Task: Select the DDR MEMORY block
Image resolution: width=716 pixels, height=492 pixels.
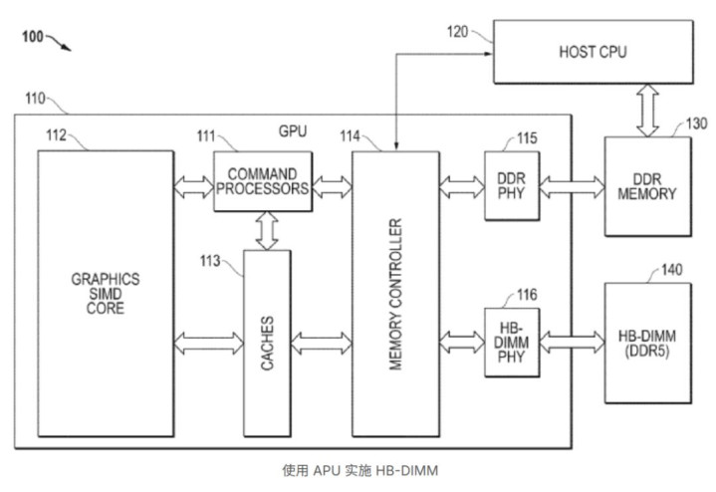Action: click(646, 186)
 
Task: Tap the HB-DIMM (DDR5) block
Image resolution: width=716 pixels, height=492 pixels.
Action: click(646, 343)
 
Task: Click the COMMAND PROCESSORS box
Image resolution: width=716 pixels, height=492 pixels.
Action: click(263, 181)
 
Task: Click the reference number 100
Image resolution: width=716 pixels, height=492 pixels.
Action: click(31, 37)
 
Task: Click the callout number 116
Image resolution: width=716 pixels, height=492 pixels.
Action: click(527, 294)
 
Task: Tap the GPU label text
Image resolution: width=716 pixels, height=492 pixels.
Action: click(292, 131)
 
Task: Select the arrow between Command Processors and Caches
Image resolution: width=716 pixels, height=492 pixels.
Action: click(266, 230)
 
